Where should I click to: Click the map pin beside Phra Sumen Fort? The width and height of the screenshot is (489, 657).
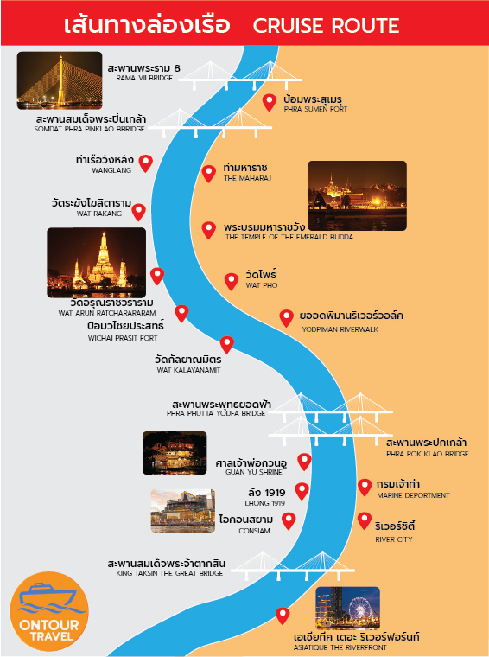[270, 102]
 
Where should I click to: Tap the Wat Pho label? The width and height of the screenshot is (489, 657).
[261, 279]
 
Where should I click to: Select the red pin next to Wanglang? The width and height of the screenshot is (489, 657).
[146, 163]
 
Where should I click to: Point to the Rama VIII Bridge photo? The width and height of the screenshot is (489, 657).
[60, 80]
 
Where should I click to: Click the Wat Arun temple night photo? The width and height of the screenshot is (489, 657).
[97, 262]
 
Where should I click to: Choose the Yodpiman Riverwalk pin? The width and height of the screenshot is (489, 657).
[286, 317]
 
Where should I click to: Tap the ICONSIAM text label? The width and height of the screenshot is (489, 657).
[245, 524]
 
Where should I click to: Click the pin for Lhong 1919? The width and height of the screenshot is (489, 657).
[302, 491]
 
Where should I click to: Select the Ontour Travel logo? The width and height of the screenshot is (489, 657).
[49, 611]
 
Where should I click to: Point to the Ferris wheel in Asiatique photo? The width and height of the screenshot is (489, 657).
[359, 608]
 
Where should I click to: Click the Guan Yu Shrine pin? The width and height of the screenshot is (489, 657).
[304, 462]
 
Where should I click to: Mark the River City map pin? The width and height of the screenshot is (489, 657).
[365, 520]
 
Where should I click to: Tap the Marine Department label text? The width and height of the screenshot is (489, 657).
[413, 489]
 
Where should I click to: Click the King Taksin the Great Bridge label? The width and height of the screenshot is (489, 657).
[167, 568]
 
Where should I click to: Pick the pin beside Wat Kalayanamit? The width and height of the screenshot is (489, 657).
[227, 344]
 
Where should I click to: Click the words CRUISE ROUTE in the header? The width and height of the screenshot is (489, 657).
[326, 26]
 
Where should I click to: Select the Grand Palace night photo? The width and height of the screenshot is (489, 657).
[357, 195]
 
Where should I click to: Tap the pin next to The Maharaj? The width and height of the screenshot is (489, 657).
[209, 173]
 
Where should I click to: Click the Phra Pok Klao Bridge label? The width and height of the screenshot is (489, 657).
[427, 448]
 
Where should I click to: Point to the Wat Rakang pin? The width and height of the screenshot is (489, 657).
[139, 212]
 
